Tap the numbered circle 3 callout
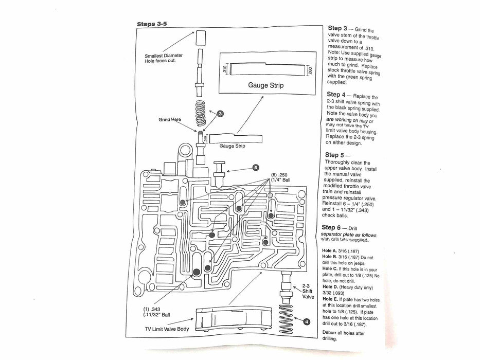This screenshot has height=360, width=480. pos(220,113)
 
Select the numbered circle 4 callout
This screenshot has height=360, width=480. pos(307,321)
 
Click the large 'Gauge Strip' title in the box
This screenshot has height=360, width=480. pos(265,84)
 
